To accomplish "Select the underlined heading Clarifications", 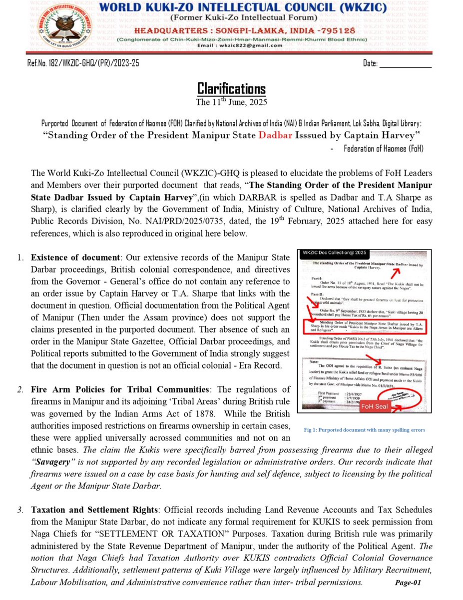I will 231,89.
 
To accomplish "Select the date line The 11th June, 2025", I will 231,102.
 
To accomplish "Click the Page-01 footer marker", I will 408,582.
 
